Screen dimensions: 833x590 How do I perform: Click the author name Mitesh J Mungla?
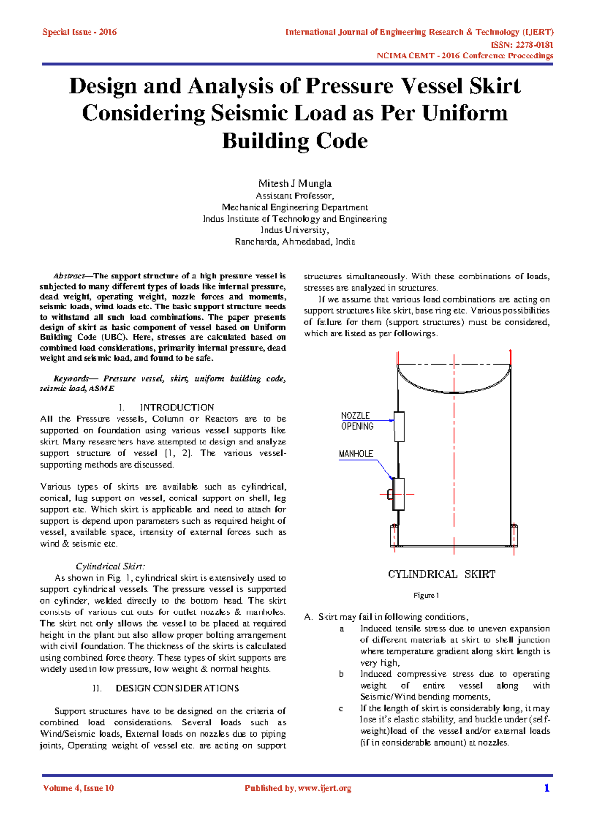point(295,183)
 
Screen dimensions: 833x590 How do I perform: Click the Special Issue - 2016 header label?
point(79,32)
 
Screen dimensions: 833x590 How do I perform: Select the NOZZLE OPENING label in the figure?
point(357,421)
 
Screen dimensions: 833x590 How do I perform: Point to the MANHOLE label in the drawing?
point(356,454)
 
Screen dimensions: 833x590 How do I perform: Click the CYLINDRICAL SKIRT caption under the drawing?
point(442,574)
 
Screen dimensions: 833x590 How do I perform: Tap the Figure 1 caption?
point(426,595)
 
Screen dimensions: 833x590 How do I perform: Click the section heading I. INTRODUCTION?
point(167,407)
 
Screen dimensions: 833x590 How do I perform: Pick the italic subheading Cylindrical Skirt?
point(110,566)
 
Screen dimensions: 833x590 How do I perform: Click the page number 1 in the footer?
point(546,788)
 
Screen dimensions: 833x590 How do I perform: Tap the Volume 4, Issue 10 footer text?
point(78,788)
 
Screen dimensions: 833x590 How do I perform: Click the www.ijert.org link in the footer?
point(324,788)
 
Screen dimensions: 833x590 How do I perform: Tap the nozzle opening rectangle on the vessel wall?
point(399,426)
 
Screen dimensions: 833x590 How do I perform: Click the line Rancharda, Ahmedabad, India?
point(295,242)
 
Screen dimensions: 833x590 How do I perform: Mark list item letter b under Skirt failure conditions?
point(341,674)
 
